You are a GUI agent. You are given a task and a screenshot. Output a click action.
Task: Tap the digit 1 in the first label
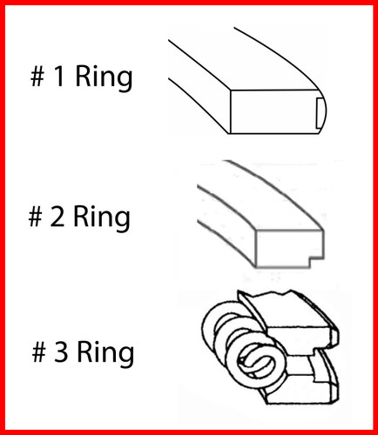pos(57,78)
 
